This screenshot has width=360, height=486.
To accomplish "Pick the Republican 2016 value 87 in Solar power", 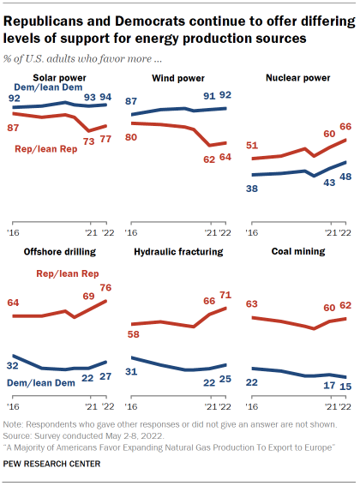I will coord(15,128).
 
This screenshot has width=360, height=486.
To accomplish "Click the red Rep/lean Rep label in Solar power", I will coord(54,149).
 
